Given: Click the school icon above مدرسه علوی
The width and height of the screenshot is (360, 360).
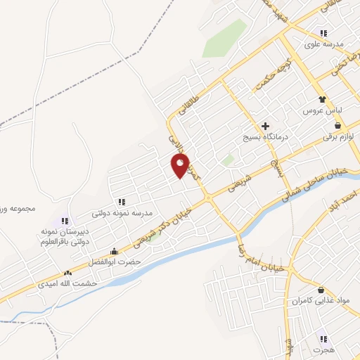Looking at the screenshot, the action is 323,33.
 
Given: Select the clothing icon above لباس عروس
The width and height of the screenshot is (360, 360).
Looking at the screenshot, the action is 322,100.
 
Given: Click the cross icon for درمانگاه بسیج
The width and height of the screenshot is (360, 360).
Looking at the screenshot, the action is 264,125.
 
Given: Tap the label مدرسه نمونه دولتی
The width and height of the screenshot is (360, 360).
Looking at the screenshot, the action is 127,212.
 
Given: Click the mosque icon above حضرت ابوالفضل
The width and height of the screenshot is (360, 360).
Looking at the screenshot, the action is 115,251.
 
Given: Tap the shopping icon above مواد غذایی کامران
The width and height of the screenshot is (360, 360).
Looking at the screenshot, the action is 321,290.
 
